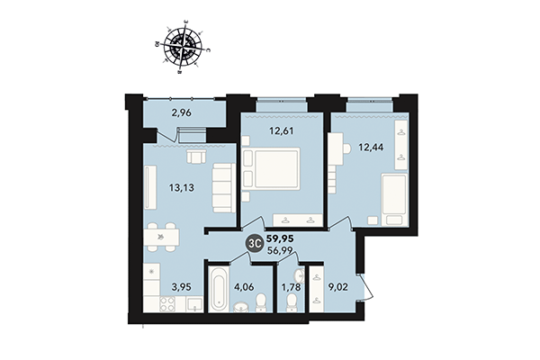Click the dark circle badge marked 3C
tap(256, 241)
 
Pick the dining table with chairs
tap(161, 237)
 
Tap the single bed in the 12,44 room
tap(393, 197)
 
